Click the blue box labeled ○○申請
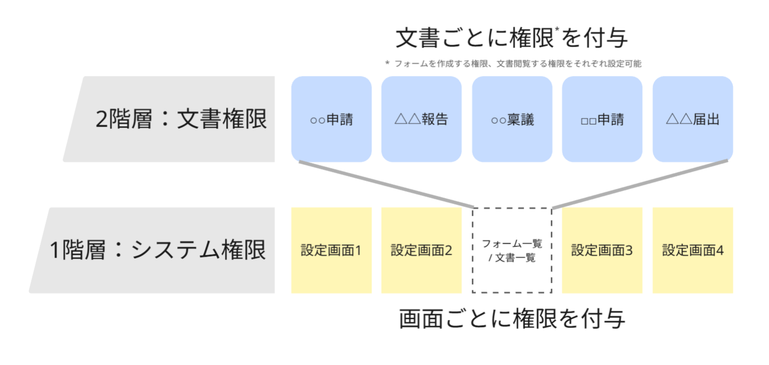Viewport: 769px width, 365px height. pyautogui.click(x=331, y=119)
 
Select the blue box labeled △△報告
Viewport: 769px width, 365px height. pyautogui.click(x=421, y=119)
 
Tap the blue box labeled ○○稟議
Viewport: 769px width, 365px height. pyautogui.click(x=512, y=119)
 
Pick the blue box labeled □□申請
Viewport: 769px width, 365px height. pyautogui.click(x=602, y=119)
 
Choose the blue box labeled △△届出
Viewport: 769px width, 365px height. pyautogui.click(x=692, y=119)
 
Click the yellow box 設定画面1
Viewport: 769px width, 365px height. pyautogui.click(x=331, y=250)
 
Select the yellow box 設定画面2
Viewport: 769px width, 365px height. pyautogui.click(x=421, y=250)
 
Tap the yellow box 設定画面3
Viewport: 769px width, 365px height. pyautogui.click(x=602, y=250)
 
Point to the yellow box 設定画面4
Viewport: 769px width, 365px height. pyautogui.click(x=692, y=250)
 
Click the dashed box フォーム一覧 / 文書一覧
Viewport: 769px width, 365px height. pyautogui.click(x=512, y=250)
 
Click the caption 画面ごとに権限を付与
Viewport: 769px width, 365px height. pyautogui.click(x=512, y=319)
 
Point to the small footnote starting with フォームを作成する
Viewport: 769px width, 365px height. pyautogui.click(x=517, y=64)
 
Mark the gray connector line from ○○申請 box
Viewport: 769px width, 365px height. pyautogui.click(x=385, y=184)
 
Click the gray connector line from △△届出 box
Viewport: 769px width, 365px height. pyautogui.click(x=640, y=184)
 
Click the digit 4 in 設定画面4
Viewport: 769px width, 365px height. pyautogui.click(x=720, y=250)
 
